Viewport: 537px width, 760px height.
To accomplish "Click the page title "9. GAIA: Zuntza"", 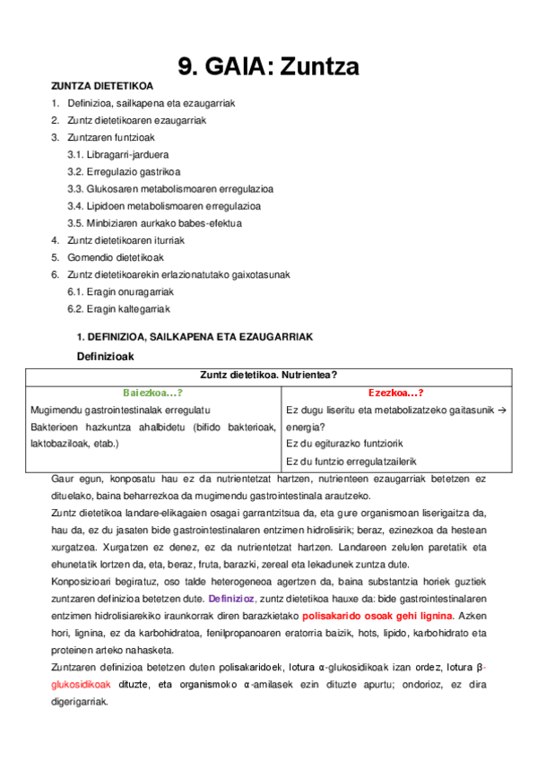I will (269, 65).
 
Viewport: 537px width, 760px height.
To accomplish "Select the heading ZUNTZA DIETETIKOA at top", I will (102, 86).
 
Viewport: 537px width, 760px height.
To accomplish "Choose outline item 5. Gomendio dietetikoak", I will (107, 257).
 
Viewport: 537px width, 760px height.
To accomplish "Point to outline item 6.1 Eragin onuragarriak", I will (120, 291).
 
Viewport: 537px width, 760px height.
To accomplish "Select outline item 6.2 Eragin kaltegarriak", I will (118, 308).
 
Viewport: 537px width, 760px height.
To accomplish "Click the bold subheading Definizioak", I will (105, 356).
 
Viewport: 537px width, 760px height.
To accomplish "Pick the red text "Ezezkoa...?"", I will (395, 393).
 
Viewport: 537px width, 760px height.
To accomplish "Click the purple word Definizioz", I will (231, 598).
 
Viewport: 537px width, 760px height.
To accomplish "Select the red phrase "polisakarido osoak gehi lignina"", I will (377, 615).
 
